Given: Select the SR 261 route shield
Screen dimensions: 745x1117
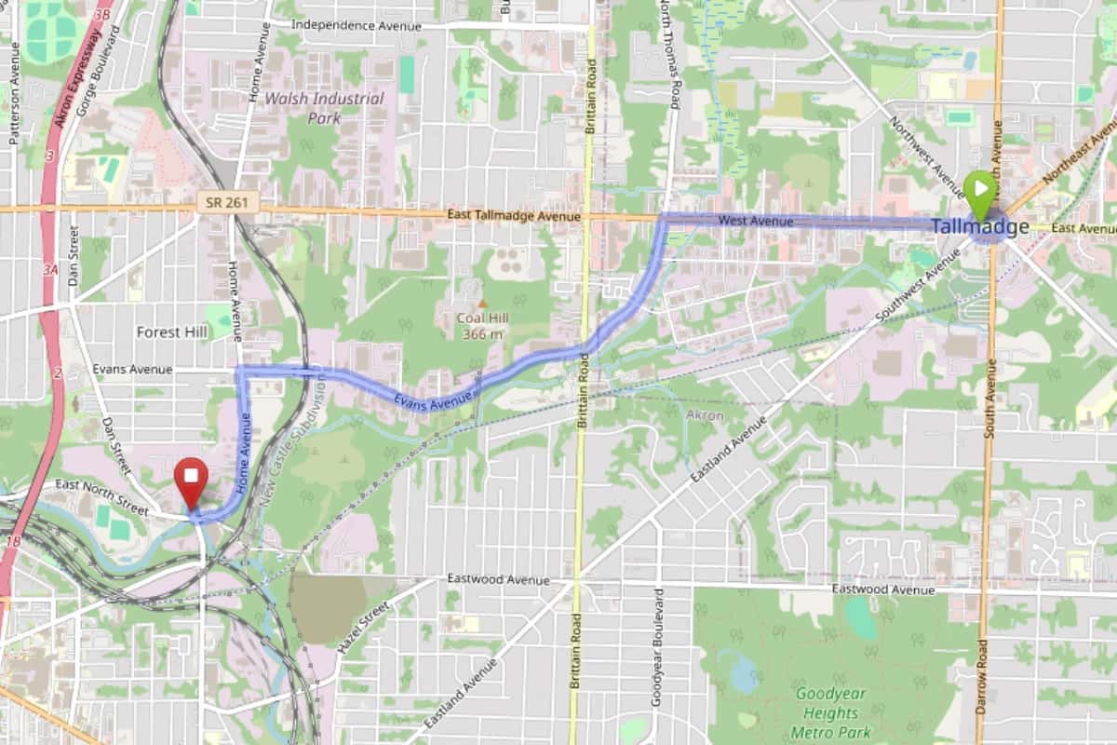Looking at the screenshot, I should click(x=227, y=202).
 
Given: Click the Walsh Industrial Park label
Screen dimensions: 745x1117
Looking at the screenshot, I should click(x=324, y=108).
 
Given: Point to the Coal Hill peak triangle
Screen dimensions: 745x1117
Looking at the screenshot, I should click(x=482, y=304).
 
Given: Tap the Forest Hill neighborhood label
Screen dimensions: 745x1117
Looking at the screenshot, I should click(x=172, y=332).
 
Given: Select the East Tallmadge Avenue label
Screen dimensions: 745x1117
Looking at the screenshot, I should click(x=514, y=216).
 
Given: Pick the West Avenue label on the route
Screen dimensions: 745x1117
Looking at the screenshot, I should click(x=756, y=221).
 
